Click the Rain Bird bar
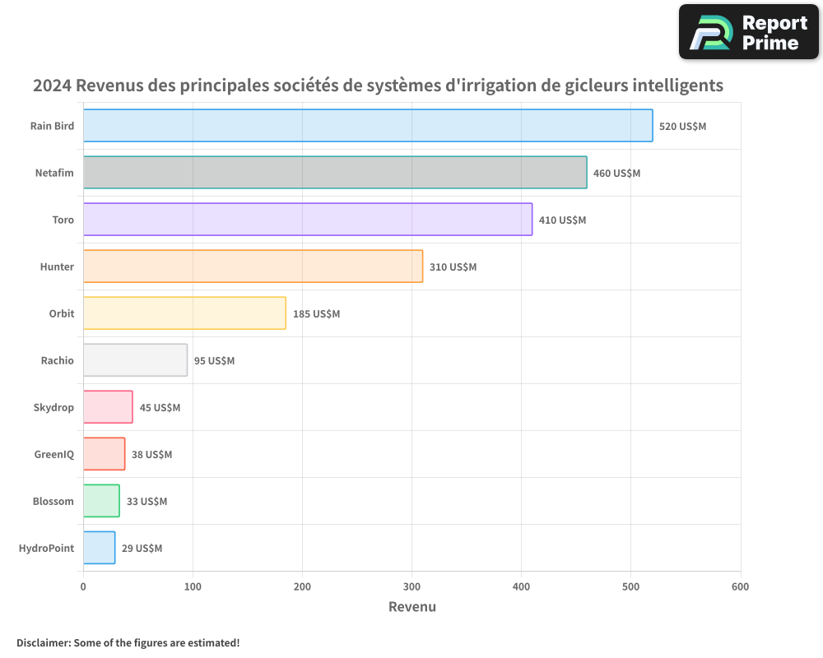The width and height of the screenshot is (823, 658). pyautogui.click(x=368, y=126)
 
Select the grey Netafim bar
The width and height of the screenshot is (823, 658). pyautogui.click(x=335, y=173)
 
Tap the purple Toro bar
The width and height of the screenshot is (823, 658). pyautogui.click(x=308, y=220)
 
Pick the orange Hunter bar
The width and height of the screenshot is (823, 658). pyautogui.click(x=253, y=266)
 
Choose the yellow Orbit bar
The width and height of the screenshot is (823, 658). pyautogui.click(x=184, y=313)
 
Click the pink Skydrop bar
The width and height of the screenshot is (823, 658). pyautogui.click(x=108, y=407)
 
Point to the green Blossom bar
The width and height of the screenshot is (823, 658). pyautogui.click(x=101, y=501)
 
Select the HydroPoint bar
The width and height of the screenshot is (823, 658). pyautogui.click(x=99, y=548)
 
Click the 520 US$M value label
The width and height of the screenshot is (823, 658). pyautogui.click(x=682, y=127)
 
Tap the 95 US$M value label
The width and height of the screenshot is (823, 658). pyautogui.click(x=214, y=361)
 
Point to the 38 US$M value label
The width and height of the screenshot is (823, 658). pyautogui.click(x=151, y=455)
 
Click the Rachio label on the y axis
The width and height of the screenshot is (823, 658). pyautogui.click(x=57, y=360)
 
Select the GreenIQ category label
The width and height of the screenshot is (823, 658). pyautogui.click(x=53, y=454)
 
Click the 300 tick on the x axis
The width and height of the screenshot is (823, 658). pyautogui.click(x=411, y=586)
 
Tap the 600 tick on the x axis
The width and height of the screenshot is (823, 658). pyautogui.click(x=740, y=586)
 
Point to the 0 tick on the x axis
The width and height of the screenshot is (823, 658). pyautogui.click(x=83, y=586)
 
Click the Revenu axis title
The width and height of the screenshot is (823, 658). pyautogui.click(x=411, y=607)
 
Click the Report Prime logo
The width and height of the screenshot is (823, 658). pyautogui.click(x=748, y=32)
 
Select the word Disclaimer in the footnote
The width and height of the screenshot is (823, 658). pyautogui.click(x=43, y=642)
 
